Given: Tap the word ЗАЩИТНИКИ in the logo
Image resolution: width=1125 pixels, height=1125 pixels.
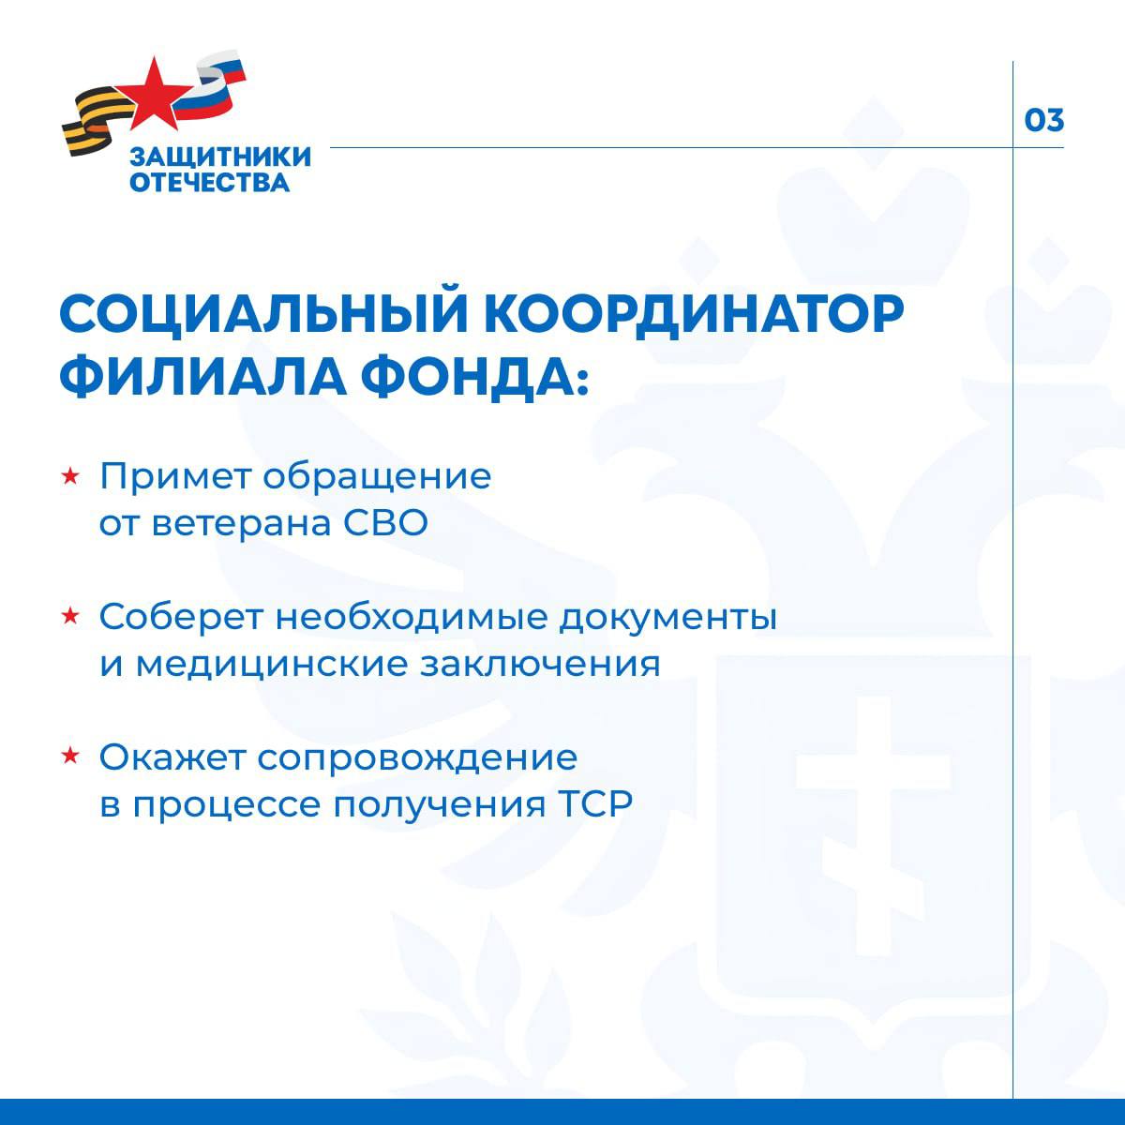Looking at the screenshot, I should coord(220,157).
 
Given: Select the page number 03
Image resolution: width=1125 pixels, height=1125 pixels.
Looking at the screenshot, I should coord(1043,121).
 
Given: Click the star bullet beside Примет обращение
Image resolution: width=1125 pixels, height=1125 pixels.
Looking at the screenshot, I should coord(69,477).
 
